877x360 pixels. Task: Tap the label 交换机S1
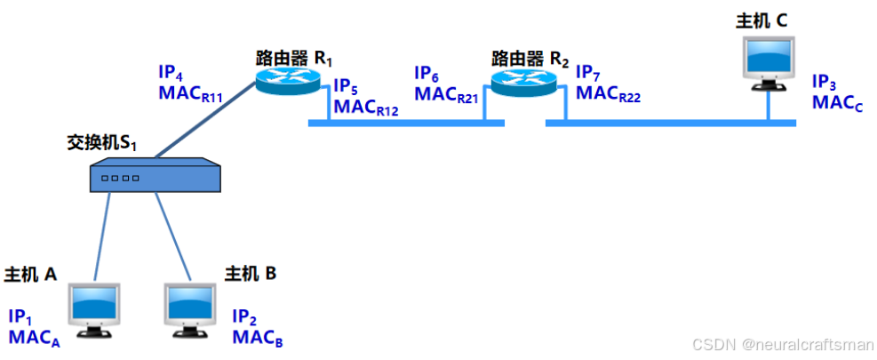pyautogui.click(x=105, y=142)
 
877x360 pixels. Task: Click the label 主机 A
pyautogui.click(x=31, y=274)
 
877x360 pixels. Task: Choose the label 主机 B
pyautogui.click(x=250, y=274)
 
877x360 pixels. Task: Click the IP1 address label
pyautogui.click(x=20, y=317)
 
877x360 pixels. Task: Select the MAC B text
pyautogui.click(x=259, y=337)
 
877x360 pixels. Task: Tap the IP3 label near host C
pyautogui.click(x=824, y=83)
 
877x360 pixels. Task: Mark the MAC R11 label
pyautogui.click(x=189, y=95)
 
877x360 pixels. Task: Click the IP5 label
pyautogui.click(x=346, y=88)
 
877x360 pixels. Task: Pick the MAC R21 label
pyautogui.click(x=446, y=94)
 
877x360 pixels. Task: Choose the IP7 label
pyautogui.click(x=587, y=72)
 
